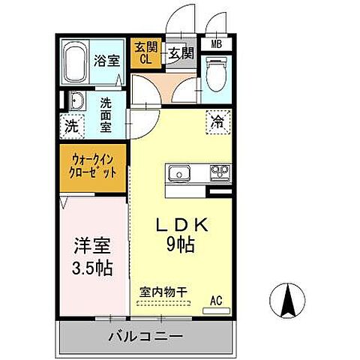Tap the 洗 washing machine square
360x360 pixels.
click(x=71, y=125)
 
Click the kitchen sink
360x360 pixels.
click(x=181, y=174)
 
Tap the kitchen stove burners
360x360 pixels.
click(x=220, y=173)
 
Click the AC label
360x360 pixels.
click(x=216, y=301)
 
